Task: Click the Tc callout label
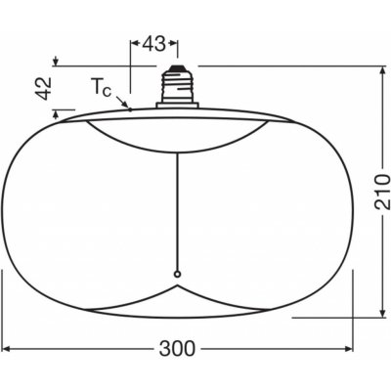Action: [x=102, y=89]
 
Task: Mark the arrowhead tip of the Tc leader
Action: [x=129, y=109]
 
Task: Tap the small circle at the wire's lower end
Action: [x=178, y=273]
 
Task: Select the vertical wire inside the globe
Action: [x=178, y=195]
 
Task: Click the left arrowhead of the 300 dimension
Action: [x=5, y=350]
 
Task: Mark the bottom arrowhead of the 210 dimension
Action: [x=380, y=315]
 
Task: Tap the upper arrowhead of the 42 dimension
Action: [x=55, y=63]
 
